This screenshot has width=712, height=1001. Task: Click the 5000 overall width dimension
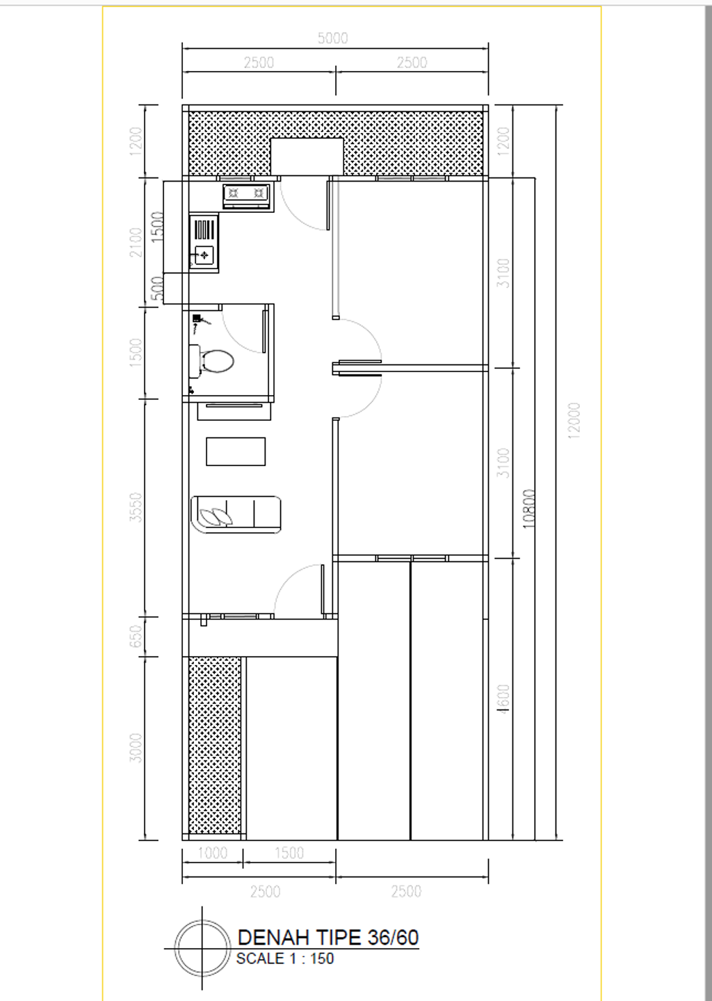click(332, 38)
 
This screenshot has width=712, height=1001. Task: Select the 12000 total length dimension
click(574, 421)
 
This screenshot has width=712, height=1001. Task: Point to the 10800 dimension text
click(530, 509)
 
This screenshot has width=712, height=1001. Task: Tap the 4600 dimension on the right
click(504, 698)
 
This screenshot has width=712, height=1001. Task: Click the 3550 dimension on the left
click(136, 507)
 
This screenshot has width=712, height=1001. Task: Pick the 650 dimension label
click(136, 636)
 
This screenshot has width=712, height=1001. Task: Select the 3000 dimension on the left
click(136, 748)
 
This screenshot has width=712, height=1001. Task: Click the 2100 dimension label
click(136, 242)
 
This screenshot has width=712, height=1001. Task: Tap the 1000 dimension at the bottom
click(213, 853)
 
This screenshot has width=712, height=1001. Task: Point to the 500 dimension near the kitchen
click(158, 289)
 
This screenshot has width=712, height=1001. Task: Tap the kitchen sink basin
click(204, 255)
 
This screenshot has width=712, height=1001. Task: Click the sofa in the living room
click(236, 515)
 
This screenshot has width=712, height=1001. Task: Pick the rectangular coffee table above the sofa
click(236, 451)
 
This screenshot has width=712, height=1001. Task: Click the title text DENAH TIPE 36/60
click(328, 937)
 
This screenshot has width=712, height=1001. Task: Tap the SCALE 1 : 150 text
click(285, 959)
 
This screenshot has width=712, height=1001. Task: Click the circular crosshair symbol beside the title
click(202, 947)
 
